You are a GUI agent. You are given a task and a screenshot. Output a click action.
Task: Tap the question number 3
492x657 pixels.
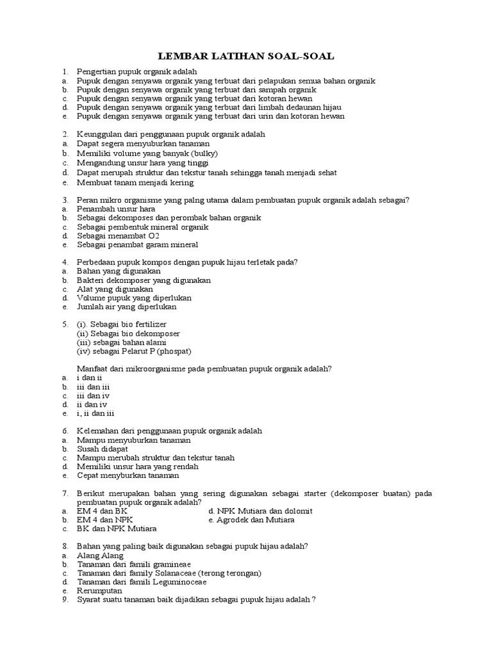tap(65, 200)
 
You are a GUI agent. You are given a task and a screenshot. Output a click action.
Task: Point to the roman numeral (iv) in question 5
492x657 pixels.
tap(85, 351)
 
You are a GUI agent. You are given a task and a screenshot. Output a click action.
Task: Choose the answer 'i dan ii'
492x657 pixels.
tap(90, 378)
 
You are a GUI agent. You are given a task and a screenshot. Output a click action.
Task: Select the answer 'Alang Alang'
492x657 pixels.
tap(100, 555)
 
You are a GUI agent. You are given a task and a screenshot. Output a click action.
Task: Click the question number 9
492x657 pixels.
tap(65, 600)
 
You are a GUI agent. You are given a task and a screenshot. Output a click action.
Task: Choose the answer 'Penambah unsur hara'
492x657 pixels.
tap(116, 209)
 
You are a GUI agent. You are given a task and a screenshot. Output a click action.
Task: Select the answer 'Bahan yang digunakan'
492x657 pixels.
tap(119, 271)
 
